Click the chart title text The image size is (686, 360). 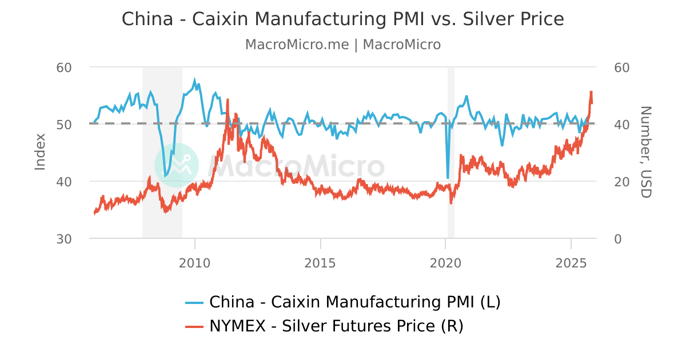tap(343, 19)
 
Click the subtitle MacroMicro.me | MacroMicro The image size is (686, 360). tap(343, 45)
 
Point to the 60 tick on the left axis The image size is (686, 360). tap(64, 67)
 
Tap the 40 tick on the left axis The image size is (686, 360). tap(64, 182)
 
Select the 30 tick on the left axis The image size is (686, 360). tap(64, 239)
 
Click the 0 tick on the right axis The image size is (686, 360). tap(618, 239)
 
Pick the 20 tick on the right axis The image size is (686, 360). tap(621, 182)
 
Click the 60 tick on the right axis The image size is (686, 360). tap(621, 67)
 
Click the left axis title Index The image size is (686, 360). tap(40, 152)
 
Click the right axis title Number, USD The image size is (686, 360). tap(645, 152)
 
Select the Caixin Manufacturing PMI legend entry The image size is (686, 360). tap(343, 302)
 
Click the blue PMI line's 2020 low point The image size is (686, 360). tap(448, 178)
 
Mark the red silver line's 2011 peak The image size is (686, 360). tap(228, 100)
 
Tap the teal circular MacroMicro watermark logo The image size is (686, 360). tap(177, 165)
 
